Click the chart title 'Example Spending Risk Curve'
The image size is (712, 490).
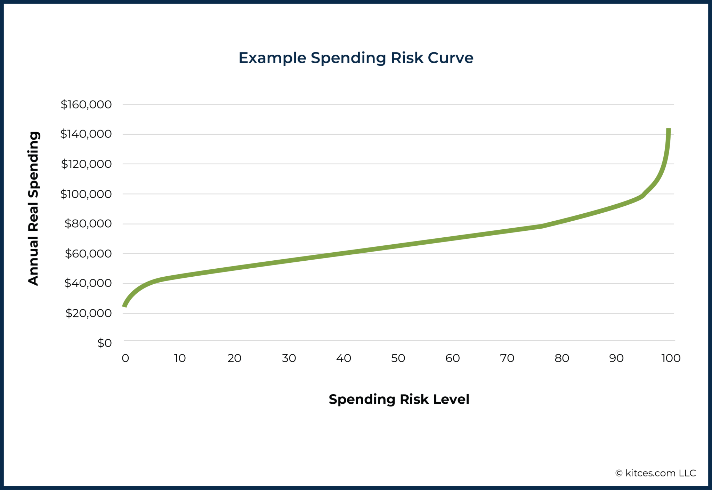click(x=356, y=58)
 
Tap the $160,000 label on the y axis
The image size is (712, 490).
click(x=86, y=104)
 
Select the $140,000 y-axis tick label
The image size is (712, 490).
click(x=86, y=134)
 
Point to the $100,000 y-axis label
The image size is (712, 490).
click(x=86, y=194)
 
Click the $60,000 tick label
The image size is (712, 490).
click(x=88, y=254)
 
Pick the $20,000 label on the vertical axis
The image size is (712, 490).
click(x=88, y=313)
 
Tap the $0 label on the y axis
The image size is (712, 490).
click(x=104, y=343)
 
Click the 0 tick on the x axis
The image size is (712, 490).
click(x=125, y=358)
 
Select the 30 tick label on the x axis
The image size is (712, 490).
click(x=289, y=358)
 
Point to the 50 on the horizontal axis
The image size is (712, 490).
click(x=398, y=358)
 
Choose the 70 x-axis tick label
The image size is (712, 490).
click(x=507, y=358)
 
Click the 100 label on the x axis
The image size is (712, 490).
click(x=671, y=358)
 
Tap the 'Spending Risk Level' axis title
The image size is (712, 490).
click(x=399, y=399)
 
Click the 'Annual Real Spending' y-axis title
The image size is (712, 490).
click(x=34, y=208)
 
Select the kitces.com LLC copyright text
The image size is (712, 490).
click(x=655, y=473)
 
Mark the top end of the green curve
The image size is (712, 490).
click(x=668, y=130)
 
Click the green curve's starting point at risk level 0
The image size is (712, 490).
click(x=124, y=306)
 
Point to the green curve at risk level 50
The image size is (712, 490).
click(x=398, y=246)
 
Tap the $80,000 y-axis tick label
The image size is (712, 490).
click(x=88, y=224)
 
